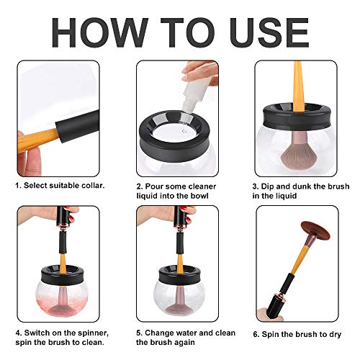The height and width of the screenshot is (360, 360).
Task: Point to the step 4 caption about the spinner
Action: (62, 338)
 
